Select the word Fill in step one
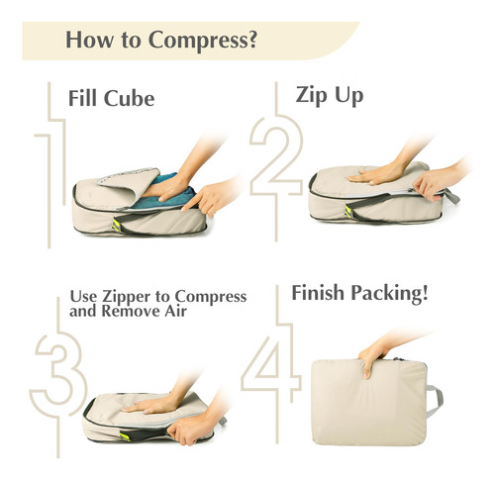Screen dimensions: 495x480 coord(82,98)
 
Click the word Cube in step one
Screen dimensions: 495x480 coord(129,99)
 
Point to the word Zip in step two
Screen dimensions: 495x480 coord(312,96)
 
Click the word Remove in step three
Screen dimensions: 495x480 coord(131,311)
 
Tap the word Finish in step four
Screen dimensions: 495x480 coord(318,293)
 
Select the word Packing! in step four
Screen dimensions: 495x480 coord(389,294)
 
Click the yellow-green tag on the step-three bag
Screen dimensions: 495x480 coord(125,436)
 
